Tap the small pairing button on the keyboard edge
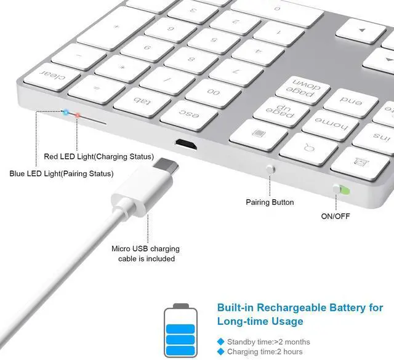(269, 168)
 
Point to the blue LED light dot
(65, 111)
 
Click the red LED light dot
(76, 115)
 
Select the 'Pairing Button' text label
(270, 202)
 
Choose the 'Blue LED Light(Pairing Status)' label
(62, 174)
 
